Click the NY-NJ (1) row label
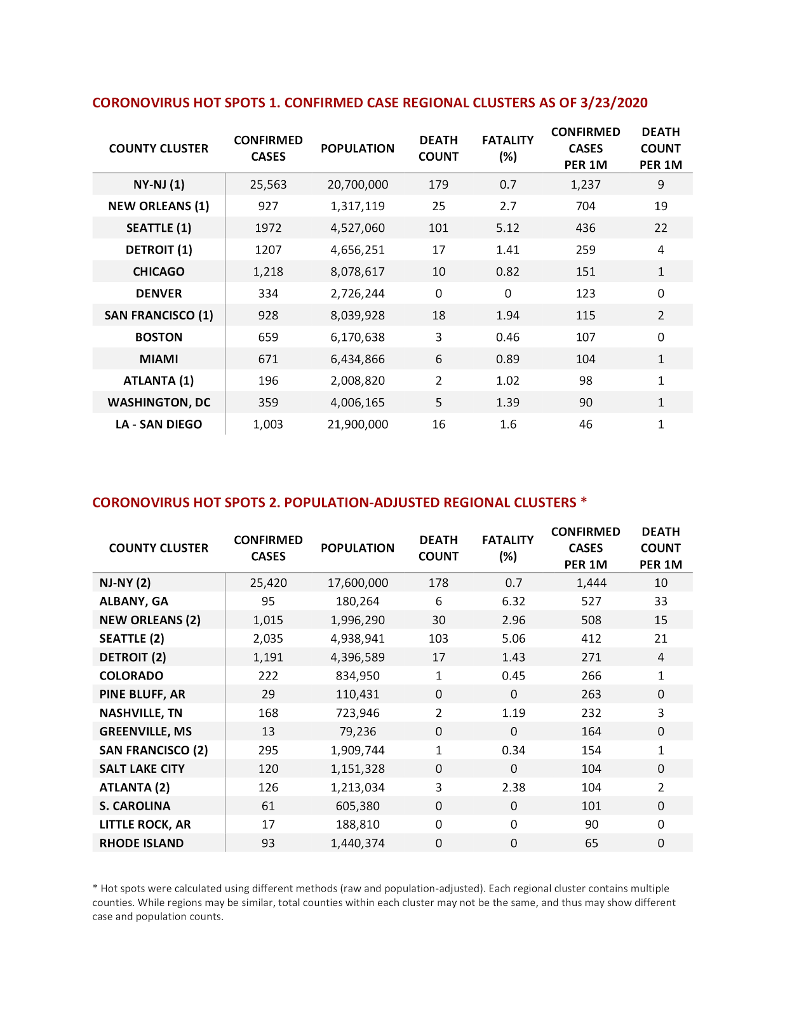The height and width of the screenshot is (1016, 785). click(159, 185)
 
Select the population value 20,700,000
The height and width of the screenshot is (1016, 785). click(358, 185)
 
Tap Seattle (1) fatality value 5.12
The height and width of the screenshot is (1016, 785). click(507, 228)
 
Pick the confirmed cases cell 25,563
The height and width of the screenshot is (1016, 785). click(268, 185)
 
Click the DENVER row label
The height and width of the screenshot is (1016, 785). click(159, 293)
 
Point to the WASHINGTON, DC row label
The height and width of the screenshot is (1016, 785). click(159, 403)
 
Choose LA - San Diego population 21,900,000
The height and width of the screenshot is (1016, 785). click(358, 424)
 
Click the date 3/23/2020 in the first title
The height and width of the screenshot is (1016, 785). click(614, 103)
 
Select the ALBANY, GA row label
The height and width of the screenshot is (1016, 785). click(134, 601)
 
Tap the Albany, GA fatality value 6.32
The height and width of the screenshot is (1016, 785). click(513, 601)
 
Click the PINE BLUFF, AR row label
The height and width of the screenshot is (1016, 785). click(142, 694)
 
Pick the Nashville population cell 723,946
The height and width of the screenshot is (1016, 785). click(358, 713)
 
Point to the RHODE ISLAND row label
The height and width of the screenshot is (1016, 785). click(142, 843)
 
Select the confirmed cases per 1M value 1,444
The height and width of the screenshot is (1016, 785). click(591, 583)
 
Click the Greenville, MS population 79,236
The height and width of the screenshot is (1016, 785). click(358, 732)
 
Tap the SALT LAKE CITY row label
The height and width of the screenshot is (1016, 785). click(142, 768)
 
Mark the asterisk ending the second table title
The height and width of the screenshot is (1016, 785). click(584, 501)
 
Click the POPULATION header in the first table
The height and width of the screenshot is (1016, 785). click(358, 149)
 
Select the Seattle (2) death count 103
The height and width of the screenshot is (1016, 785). click(438, 639)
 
